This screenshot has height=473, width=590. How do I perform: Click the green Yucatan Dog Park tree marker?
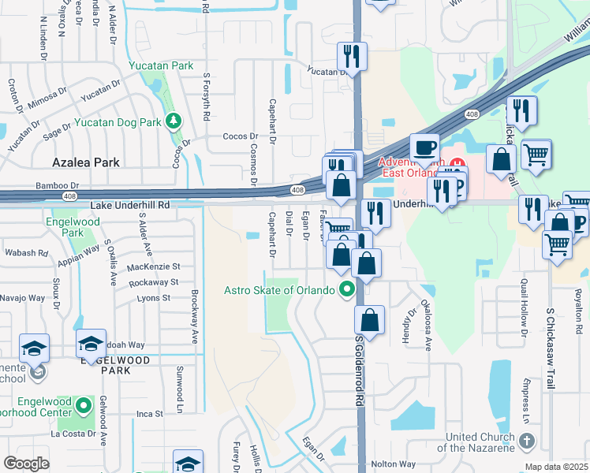(x=173, y=121)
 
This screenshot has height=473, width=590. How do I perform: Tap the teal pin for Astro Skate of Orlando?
(x=345, y=289)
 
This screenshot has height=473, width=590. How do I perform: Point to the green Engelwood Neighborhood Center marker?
(x=85, y=407)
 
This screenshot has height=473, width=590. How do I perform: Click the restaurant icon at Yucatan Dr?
(x=351, y=56)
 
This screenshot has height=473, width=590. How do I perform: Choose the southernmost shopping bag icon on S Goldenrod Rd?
(x=368, y=320)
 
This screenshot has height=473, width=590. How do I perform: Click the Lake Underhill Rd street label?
(x=130, y=205)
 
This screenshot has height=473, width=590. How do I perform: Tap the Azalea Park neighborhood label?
(x=85, y=162)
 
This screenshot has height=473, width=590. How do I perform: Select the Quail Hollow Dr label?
(x=523, y=304)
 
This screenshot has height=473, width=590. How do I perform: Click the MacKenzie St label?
(x=154, y=266)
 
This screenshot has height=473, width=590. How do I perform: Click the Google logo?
(x=26, y=463)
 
